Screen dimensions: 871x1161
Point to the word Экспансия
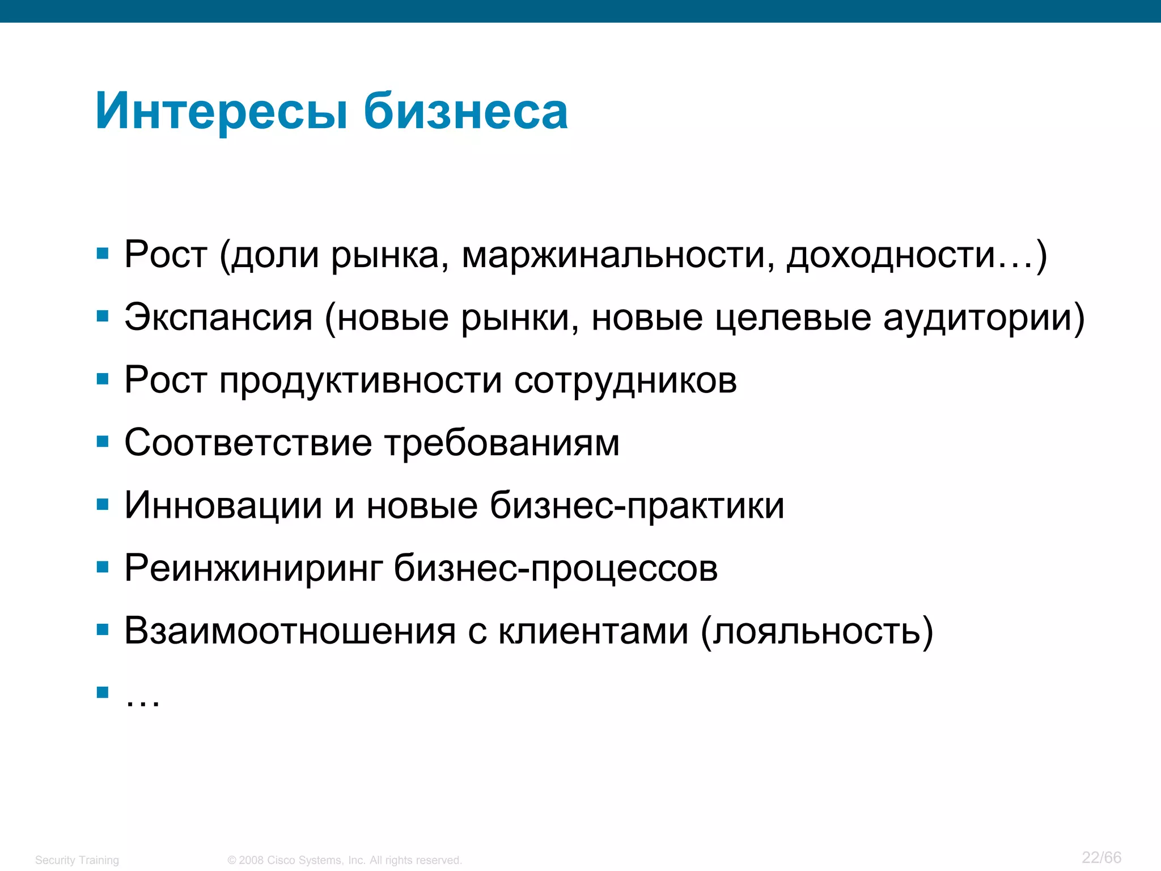click(x=218, y=317)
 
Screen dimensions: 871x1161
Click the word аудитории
click(x=979, y=317)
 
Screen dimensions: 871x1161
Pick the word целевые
click(x=793, y=317)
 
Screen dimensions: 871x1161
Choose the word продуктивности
click(x=361, y=380)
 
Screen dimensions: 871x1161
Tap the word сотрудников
click(x=625, y=380)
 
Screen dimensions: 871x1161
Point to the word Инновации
click(x=223, y=505)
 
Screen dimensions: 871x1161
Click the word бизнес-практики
click(x=637, y=505)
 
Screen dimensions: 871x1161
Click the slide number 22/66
click(x=1101, y=857)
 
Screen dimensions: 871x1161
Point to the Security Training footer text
click(x=77, y=860)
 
